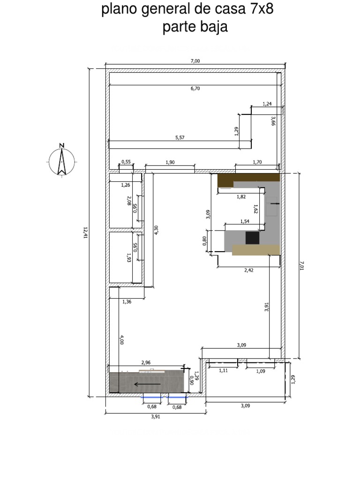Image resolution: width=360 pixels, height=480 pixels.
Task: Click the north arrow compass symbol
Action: point(61,160)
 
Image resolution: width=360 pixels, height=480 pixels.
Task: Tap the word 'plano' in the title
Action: point(121,10)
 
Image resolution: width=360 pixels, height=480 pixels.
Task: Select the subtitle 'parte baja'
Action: point(195,27)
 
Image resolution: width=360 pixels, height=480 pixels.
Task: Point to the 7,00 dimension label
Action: point(195,61)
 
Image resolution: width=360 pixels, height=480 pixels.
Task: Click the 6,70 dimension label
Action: point(195,88)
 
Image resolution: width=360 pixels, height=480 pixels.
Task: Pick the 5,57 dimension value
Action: point(180,138)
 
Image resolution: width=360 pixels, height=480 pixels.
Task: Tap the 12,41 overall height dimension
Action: point(85,232)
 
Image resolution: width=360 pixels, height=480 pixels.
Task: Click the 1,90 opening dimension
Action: point(170,162)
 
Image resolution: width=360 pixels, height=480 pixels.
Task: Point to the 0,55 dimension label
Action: point(126,162)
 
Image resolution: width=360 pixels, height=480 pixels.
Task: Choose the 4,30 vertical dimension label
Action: point(156,230)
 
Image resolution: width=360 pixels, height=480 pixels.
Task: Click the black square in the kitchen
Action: point(252,238)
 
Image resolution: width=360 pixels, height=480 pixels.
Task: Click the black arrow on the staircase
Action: point(147,384)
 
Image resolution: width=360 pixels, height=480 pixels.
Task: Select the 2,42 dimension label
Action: point(249,270)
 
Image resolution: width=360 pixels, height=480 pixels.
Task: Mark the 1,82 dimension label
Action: point(241,196)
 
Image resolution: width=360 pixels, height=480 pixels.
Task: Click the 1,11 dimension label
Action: point(224,371)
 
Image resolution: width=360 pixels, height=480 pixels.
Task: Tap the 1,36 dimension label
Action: point(127,302)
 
